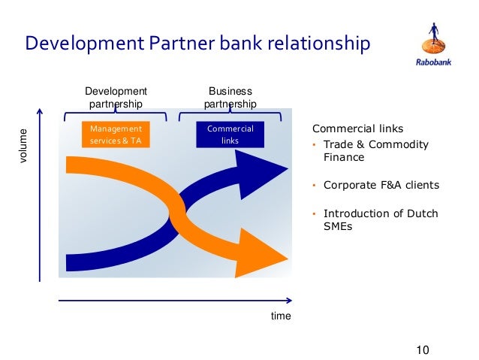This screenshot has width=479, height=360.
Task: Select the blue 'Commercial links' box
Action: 230,135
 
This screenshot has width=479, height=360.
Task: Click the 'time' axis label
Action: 281,316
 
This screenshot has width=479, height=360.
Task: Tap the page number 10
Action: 422,349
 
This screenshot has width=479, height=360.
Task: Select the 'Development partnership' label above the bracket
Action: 116,98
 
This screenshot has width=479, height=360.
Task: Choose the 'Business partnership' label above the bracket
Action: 230,98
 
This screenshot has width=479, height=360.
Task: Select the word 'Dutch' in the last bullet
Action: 423,213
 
